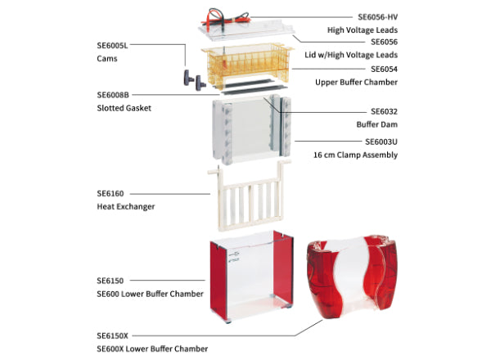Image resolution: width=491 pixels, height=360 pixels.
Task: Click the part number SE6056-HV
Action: [x=376, y=16]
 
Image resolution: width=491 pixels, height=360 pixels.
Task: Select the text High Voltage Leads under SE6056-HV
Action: [x=363, y=29]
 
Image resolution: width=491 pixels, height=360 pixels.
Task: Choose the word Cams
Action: [x=106, y=58]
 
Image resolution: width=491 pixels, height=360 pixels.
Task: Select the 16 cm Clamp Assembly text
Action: [x=356, y=154]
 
